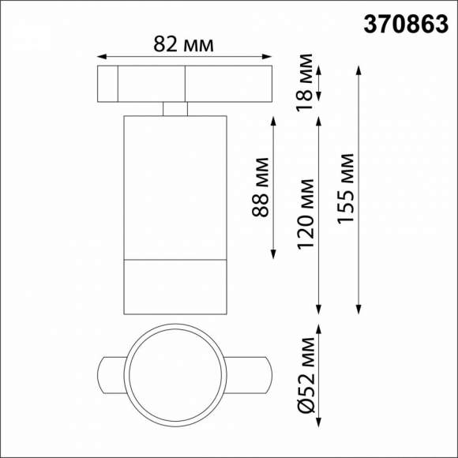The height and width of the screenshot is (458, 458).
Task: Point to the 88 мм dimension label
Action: click(262, 187)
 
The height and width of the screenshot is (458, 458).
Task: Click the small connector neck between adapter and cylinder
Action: click(175, 108)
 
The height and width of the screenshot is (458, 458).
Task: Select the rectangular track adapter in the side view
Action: click(184, 84)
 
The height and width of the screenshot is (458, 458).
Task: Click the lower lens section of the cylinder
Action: click(175, 285)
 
